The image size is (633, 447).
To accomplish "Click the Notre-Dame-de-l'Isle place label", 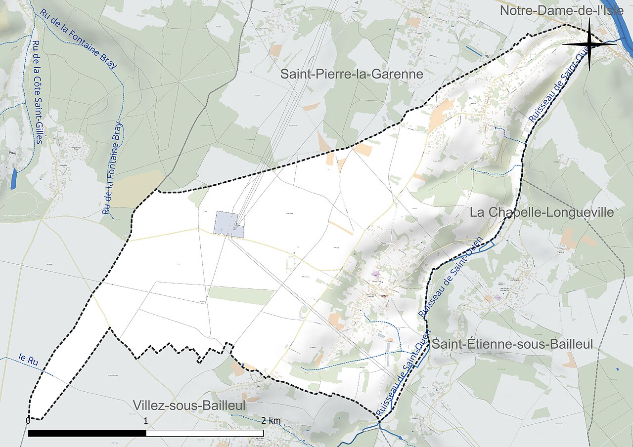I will (x=561, y=10).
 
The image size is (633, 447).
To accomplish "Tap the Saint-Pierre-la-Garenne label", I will (x=352, y=75).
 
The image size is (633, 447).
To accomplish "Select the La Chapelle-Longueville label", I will (x=542, y=212).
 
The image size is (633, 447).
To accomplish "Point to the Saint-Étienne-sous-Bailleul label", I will (x=512, y=344).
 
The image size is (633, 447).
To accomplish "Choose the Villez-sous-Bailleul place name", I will (x=189, y=406).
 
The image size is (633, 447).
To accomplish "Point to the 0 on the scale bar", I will (x=28, y=420).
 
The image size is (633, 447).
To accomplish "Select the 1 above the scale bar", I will (x=146, y=420).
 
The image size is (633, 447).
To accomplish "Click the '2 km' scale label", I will (x=271, y=420).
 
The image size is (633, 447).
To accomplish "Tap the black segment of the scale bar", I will (x=87, y=433).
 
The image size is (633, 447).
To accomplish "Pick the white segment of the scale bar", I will (x=205, y=433).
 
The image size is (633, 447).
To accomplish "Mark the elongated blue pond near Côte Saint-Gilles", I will (x=13, y=179).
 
